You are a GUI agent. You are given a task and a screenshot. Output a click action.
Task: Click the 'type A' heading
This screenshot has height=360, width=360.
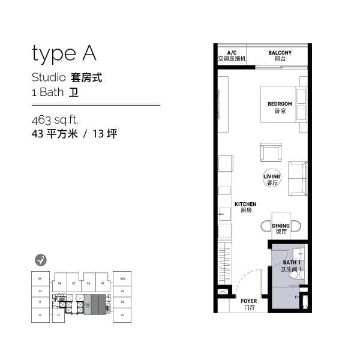point(64,54)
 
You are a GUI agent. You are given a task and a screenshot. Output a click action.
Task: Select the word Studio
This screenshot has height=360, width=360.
point(49,78)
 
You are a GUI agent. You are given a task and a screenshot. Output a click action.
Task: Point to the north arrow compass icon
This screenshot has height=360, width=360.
point(41,260)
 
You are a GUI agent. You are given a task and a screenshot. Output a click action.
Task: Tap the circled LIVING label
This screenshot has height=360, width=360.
point(272,179)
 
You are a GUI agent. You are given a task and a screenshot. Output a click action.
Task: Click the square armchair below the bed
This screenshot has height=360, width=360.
point(270,152)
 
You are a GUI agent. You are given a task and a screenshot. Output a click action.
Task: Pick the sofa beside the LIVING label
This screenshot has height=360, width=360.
point(298,178)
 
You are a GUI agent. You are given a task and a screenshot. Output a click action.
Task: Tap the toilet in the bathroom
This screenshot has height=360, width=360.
point(301,274)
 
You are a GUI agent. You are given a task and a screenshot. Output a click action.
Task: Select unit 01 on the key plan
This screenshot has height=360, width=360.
point(122,314)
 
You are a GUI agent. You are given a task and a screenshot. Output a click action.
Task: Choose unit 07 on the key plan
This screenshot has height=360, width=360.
point(73,283)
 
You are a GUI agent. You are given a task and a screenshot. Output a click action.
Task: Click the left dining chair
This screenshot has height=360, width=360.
point(265,226)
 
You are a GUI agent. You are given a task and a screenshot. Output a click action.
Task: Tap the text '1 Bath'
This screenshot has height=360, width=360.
point(47,93)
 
